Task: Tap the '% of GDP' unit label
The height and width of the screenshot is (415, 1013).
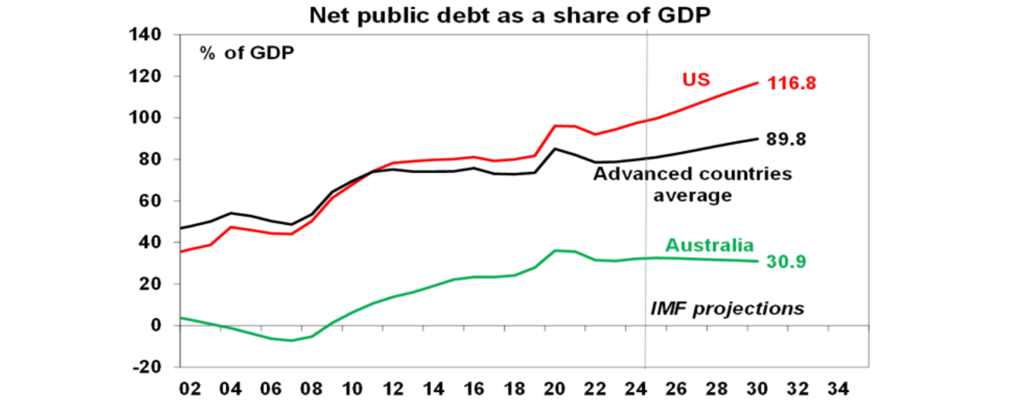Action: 247,53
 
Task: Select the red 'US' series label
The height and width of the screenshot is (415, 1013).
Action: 695,80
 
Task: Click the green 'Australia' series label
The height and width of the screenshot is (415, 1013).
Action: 709,245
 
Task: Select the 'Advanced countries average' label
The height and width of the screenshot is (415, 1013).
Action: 692,184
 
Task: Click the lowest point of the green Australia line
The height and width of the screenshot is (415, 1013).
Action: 290,341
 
